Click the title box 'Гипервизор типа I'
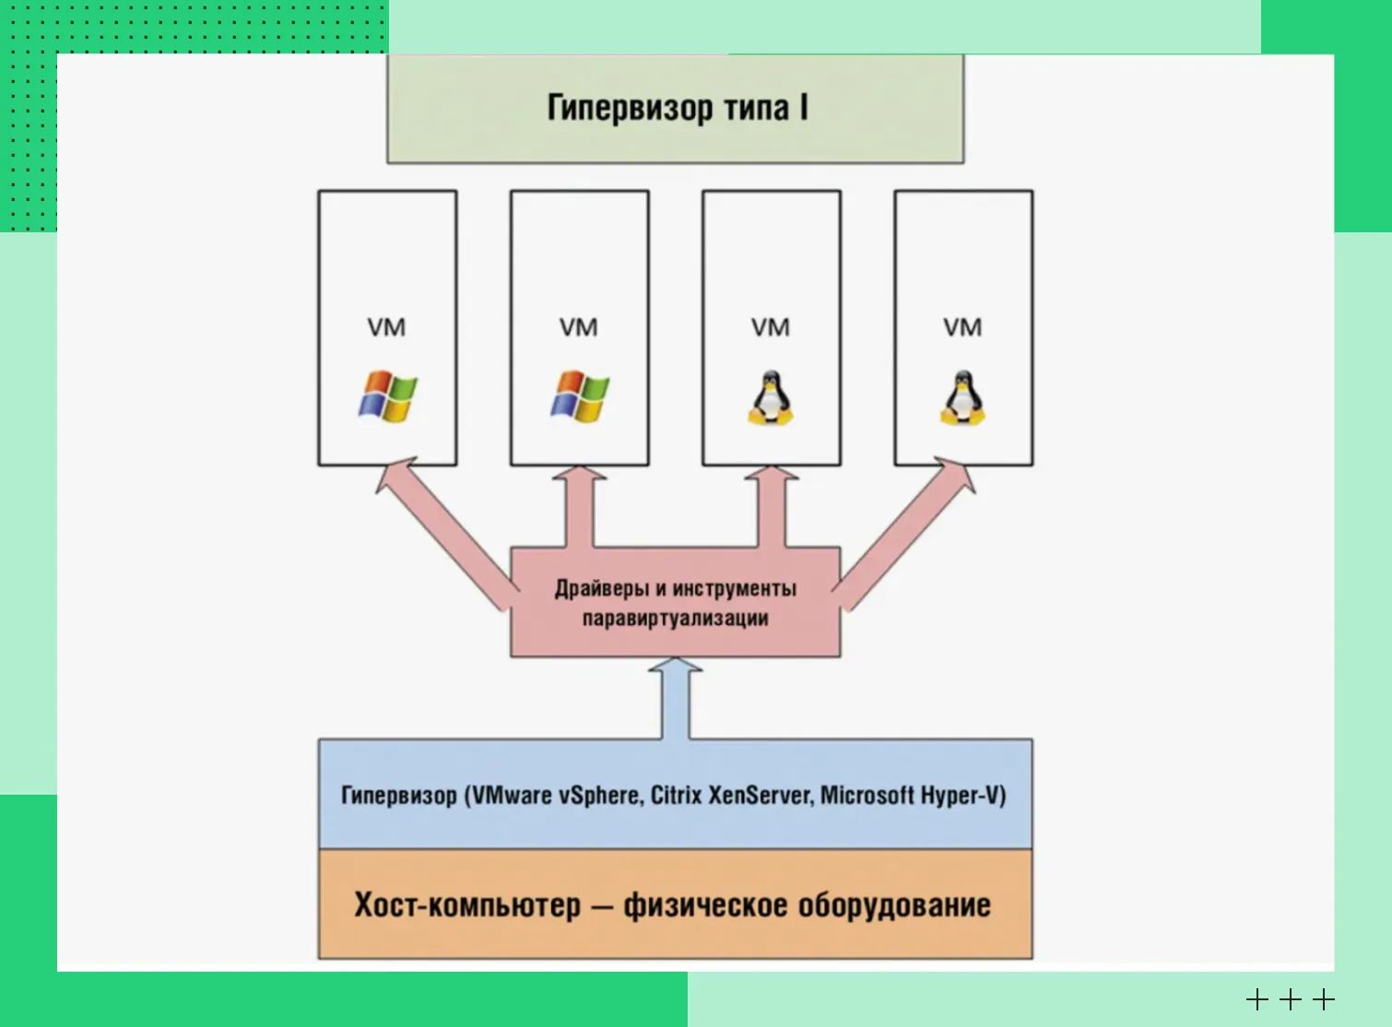click(676, 109)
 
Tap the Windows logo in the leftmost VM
click(388, 396)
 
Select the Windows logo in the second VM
click(580, 396)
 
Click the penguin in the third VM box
click(771, 398)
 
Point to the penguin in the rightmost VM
click(962, 398)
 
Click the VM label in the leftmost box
click(386, 327)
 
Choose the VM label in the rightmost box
click(962, 327)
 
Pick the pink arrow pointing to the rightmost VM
click(909, 530)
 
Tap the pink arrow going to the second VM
click(580, 507)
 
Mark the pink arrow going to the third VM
click(772, 507)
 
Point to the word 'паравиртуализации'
click(676, 618)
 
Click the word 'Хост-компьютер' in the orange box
click(467, 904)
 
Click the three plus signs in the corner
click(1290, 998)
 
